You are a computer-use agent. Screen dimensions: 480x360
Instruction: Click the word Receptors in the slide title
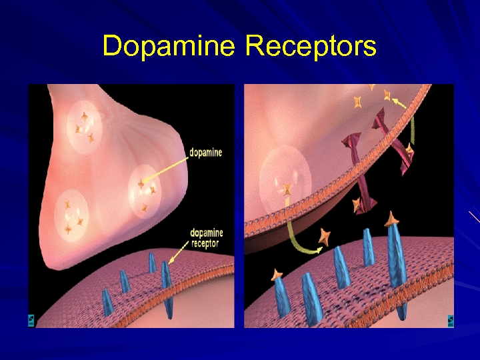click(x=311, y=47)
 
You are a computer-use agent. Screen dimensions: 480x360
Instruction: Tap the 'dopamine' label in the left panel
click(x=205, y=153)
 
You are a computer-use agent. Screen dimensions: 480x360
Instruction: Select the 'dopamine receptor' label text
click(x=206, y=238)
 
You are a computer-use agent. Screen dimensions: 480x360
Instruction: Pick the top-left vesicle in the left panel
click(x=84, y=127)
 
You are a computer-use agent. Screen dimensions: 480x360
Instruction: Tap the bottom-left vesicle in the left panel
click(x=73, y=215)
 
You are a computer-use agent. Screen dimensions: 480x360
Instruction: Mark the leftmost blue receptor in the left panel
click(x=107, y=302)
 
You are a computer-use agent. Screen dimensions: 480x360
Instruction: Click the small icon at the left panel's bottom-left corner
click(x=31, y=321)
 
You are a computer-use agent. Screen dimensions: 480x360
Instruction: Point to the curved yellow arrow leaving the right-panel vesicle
click(x=297, y=240)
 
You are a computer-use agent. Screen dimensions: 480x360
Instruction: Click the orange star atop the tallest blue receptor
click(x=393, y=218)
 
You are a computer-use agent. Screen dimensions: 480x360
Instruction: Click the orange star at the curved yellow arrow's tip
click(x=325, y=236)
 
